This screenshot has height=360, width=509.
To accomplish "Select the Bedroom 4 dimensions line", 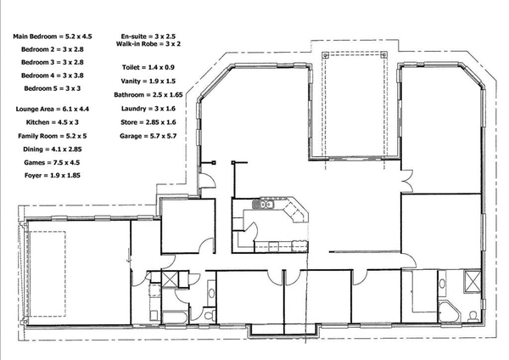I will (x=53, y=75).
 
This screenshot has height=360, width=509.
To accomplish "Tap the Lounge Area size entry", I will (x=53, y=110).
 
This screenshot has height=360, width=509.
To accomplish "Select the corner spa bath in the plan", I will (x=450, y=311).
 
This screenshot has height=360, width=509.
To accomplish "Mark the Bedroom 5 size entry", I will (x=53, y=87).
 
